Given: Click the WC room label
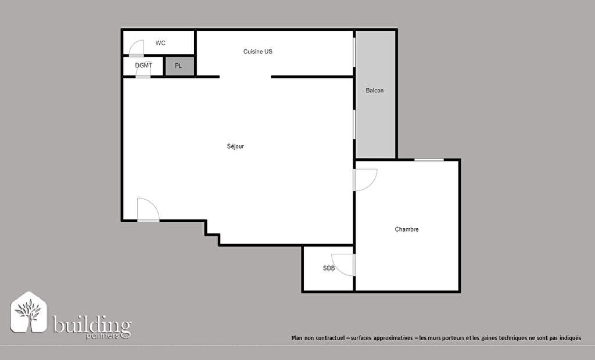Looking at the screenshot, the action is (x=160, y=43).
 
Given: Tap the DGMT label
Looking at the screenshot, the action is (x=144, y=65).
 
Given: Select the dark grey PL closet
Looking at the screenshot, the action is (x=179, y=66).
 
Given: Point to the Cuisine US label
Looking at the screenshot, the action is (x=257, y=52).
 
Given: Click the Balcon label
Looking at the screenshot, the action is (x=375, y=90).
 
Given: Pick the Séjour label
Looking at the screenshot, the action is (x=235, y=146).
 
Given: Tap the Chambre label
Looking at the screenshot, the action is (x=406, y=229).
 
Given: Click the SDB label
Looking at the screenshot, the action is (x=329, y=268).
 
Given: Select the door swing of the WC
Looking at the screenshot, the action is (x=137, y=48).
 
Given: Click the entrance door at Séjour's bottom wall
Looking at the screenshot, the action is (x=148, y=210).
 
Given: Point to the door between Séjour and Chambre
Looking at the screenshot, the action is (x=365, y=180).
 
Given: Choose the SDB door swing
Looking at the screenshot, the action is (x=343, y=264).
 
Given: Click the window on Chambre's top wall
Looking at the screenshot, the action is (x=429, y=160).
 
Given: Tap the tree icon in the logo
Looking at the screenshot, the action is (x=28, y=312).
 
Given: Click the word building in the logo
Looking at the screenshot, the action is (x=92, y=325).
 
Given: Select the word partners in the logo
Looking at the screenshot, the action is (x=102, y=336).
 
